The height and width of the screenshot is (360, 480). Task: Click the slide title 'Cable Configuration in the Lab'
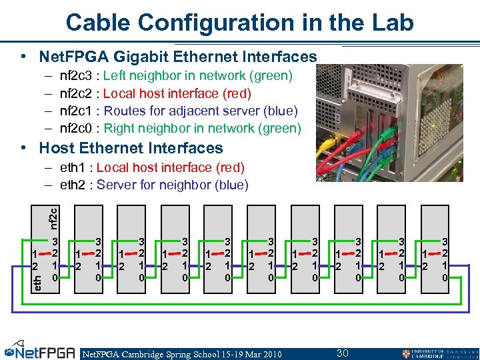[239, 22]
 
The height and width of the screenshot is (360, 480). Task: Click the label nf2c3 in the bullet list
[77, 76]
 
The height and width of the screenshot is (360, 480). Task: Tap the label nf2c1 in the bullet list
[77, 111]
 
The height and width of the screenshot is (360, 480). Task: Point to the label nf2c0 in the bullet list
[77, 128]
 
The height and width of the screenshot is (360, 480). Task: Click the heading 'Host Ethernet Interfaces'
[131, 147]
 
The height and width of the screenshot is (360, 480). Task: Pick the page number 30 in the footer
[343, 353]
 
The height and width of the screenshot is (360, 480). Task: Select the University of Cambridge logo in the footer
[439, 353]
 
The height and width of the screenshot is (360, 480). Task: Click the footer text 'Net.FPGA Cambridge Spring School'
[160, 353]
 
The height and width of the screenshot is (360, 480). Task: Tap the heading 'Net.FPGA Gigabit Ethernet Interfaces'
[178, 56]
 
